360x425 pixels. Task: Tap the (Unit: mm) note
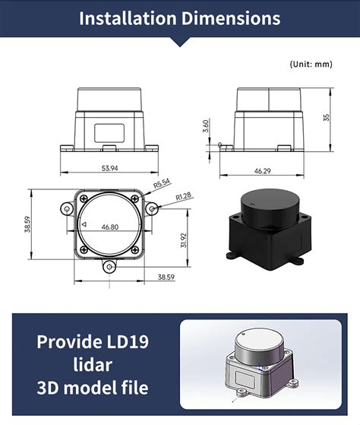pos(311,65)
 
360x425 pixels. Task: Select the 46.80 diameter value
pos(110,227)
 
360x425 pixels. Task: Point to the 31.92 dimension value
pos(183,240)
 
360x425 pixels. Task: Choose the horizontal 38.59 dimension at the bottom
pos(166,277)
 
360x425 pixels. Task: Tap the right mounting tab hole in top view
pos(153,208)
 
